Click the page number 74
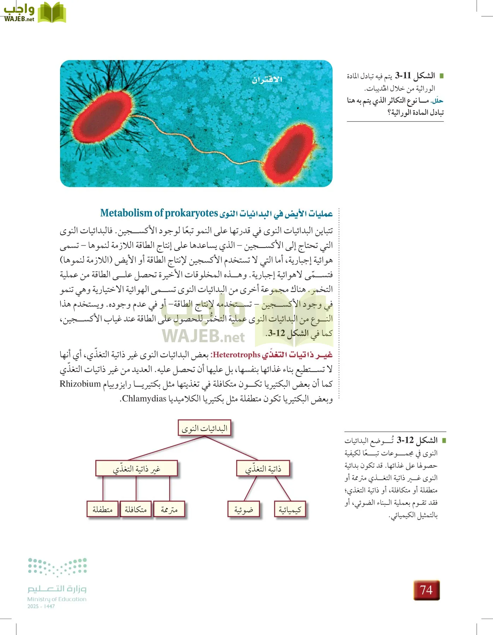426,590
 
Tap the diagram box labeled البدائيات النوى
204,428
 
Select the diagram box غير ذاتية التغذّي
136,468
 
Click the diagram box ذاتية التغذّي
263,468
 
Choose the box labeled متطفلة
102,509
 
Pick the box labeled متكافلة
136,509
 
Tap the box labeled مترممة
169,509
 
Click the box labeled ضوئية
244,509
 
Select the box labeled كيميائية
290,509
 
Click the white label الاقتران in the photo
267,80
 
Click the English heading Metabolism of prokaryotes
159,213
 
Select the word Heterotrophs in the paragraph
236,355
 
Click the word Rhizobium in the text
80,384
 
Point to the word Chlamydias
144,399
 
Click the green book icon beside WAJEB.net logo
52,12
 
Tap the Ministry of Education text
57,599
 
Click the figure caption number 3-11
403,75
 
